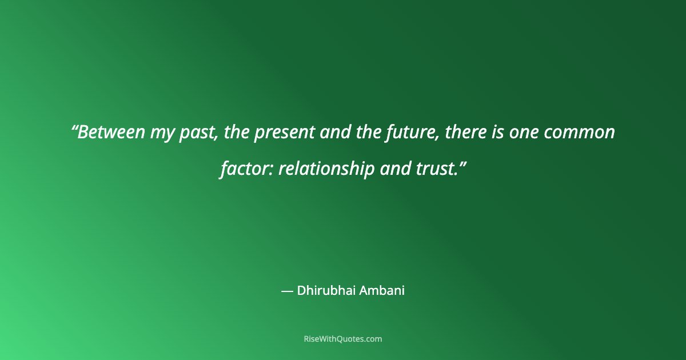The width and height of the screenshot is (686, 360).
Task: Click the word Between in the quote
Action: pyautogui.click(x=112, y=133)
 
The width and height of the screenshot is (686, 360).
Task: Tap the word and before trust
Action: pyautogui.click(x=394, y=169)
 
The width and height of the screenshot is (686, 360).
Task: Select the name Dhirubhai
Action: pyautogui.click(x=325, y=291)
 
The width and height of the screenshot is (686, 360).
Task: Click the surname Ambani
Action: pyautogui.click(x=381, y=291)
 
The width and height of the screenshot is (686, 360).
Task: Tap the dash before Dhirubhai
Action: pyautogui.click(x=287, y=291)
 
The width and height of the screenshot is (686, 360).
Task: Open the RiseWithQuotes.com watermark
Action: pyautogui.click(x=342, y=339)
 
